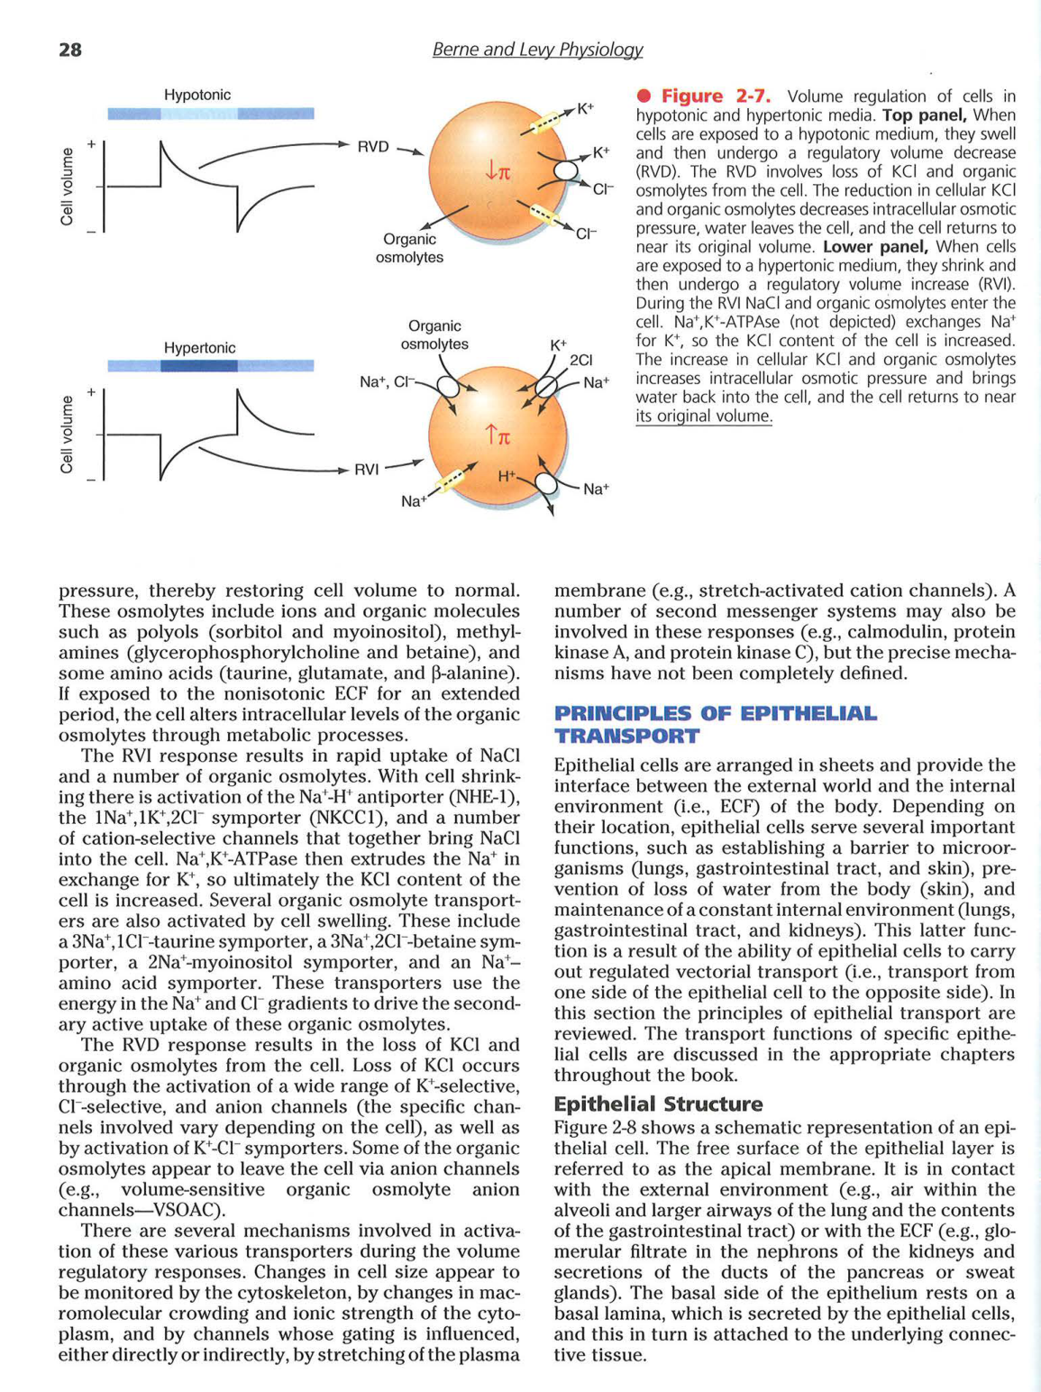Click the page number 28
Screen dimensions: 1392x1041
click(70, 50)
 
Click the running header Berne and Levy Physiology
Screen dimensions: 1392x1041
click(537, 50)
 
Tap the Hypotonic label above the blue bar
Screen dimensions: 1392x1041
click(196, 95)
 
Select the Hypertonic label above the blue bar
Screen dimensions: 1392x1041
click(199, 348)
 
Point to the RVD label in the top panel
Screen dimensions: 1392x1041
click(373, 147)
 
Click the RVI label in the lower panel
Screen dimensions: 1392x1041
click(367, 469)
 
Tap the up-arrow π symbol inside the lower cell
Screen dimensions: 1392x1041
click(498, 436)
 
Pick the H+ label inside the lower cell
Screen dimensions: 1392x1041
click(507, 475)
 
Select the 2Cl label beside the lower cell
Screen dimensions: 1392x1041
click(581, 361)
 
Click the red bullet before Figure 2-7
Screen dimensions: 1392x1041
click(643, 96)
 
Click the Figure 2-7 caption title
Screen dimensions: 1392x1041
click(716, 96)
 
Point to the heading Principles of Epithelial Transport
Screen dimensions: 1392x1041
click(715, 725)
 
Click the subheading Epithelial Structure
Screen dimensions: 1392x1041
click(658, 1104)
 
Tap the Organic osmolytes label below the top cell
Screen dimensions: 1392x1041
click(409, 248)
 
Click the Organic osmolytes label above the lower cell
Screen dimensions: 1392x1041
click(434, 334)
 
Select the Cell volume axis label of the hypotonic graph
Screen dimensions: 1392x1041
click(67, 187)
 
